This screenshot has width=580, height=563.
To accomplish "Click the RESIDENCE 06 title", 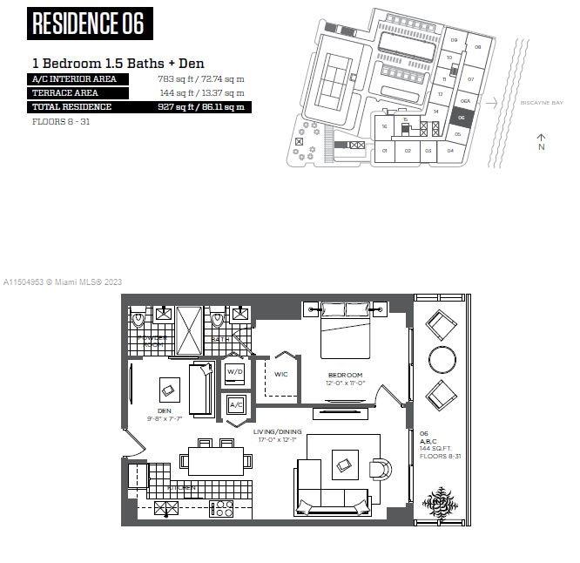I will pos(89,24).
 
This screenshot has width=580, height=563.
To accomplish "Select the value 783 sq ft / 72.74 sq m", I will pos(201,78).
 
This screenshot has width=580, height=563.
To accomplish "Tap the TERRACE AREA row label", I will pos(65,92).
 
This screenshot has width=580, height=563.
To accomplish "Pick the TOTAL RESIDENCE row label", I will pos(72,106).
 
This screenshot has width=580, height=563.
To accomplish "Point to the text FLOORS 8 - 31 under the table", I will pos(60,121).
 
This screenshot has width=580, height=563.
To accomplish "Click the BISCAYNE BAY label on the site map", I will pos(540,103).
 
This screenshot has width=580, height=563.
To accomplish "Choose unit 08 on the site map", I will pos(477,46).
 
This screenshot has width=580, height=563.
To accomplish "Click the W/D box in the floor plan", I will pos(235,371).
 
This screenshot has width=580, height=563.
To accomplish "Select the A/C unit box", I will pos(235,404).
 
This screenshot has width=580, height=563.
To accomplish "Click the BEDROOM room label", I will pos(346,376).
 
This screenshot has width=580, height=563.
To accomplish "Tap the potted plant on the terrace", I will pos(441,501).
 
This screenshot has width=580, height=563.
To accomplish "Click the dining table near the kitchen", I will pos(215,459).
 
